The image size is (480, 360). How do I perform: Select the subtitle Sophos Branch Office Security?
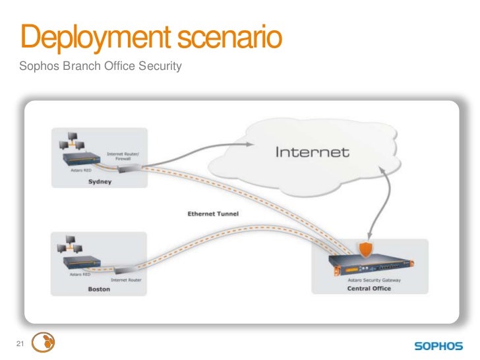pyautogui.click(x=100, y=66)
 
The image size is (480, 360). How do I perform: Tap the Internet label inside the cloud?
pyautogui.click(x=311, y=152)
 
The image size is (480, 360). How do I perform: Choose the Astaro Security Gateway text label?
pyautogui.click(x=380, y=280)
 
